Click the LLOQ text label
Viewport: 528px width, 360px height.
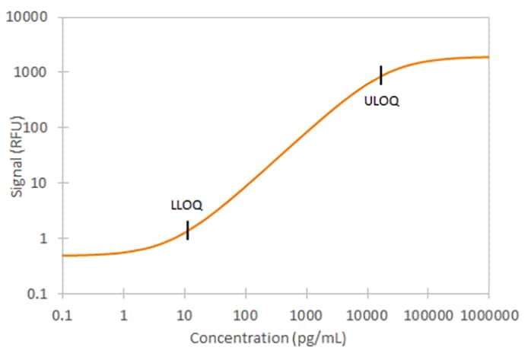tap(186, 205)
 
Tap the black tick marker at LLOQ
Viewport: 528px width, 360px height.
tap(187, 230)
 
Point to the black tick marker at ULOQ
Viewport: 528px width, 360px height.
tap(381, 75)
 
